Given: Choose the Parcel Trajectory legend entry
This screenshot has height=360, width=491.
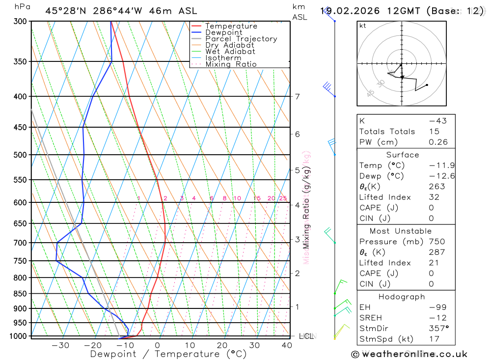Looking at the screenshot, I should [x=241, y=39].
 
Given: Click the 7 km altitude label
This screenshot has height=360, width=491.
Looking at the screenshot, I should [x=298, y=96].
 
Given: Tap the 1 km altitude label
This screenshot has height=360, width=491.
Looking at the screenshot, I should [x=298, y=307].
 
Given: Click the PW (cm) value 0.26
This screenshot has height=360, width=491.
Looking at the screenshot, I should [x=438, y=142].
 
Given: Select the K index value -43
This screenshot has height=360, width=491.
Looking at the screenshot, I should [x=437, y=121].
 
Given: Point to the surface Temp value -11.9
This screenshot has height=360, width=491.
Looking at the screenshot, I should [x=435, y=166].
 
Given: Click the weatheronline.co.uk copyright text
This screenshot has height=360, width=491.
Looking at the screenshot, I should [x=409, y=354].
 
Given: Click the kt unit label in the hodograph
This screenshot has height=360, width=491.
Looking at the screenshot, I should [x=363, y=26].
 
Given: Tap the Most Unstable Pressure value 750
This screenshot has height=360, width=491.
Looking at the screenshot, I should [x=437, y=242].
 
